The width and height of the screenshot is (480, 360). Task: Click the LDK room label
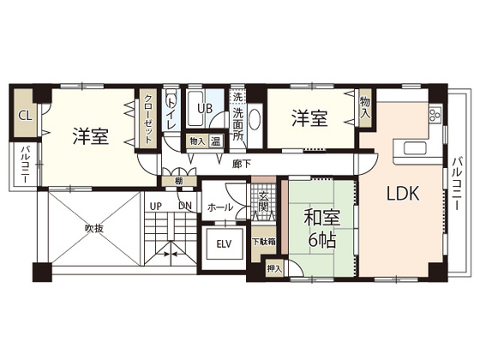point(403,194)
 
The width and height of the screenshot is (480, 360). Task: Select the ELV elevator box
point(225,244)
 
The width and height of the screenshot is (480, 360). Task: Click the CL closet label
point(26,116)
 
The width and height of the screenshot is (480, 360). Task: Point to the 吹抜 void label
point(94,228)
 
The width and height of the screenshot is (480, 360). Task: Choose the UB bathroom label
point(205,108)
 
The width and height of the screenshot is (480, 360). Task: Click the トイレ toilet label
point(171,111)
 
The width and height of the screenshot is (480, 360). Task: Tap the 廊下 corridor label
point(242,164)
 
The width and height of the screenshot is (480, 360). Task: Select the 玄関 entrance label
point(263,201)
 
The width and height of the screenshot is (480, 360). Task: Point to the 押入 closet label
point(274,269)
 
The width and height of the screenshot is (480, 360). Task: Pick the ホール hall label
point(220,207)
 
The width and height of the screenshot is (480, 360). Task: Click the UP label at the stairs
point(155,207)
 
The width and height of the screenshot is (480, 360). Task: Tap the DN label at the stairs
point(185,206)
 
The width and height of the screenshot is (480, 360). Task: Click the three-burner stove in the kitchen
point(435,115)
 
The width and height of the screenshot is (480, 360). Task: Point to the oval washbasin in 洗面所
point(255,119)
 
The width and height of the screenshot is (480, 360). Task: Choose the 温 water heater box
point(216,141)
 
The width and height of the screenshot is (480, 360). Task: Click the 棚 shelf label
point(179,181)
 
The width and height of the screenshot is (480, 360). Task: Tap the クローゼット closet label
point(148,119)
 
